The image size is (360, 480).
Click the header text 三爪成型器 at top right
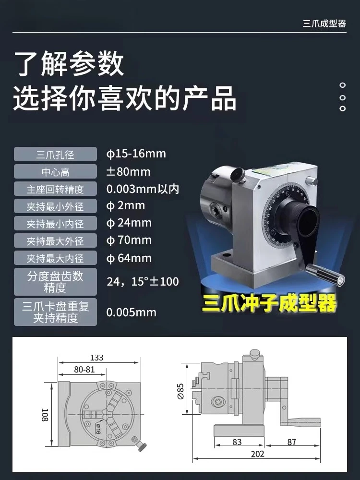coord(324,23)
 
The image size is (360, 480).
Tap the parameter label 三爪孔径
coord(55,154)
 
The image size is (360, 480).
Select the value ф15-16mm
coord(136,154)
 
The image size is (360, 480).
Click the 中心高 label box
coord(55,172)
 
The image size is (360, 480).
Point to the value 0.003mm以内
coord(143,189)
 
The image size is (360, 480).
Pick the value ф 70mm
coord(129,240)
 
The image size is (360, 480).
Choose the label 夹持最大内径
coord(55,258)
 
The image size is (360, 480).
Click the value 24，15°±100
coord(143,281)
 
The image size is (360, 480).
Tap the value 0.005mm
coord(132,312)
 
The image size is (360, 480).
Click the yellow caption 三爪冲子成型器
coord(269,303)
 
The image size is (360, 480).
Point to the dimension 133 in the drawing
coord(97,358)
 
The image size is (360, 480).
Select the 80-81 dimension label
coord(84,370)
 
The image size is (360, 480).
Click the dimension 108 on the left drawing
coord(45,415)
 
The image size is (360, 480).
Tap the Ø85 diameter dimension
coord(180,392)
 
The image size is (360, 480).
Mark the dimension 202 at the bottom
coord(257,454)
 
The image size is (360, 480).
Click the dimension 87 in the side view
coord(292,442)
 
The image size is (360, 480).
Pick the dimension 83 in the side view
coord(237,442)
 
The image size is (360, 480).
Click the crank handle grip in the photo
coord(325,274)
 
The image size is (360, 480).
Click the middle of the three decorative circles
coord(343,98)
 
